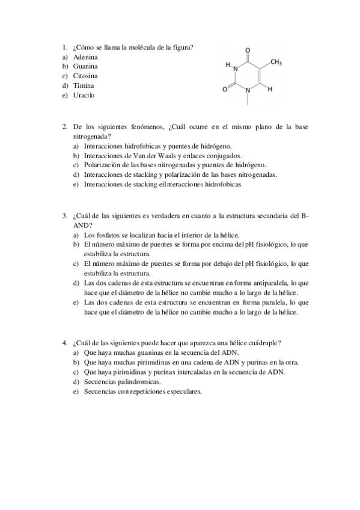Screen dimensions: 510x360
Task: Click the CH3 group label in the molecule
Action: (x=276, y=62)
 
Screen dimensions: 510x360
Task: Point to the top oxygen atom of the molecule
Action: (x=248, y=50)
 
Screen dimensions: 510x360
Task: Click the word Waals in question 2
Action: (x=153, y=155)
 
